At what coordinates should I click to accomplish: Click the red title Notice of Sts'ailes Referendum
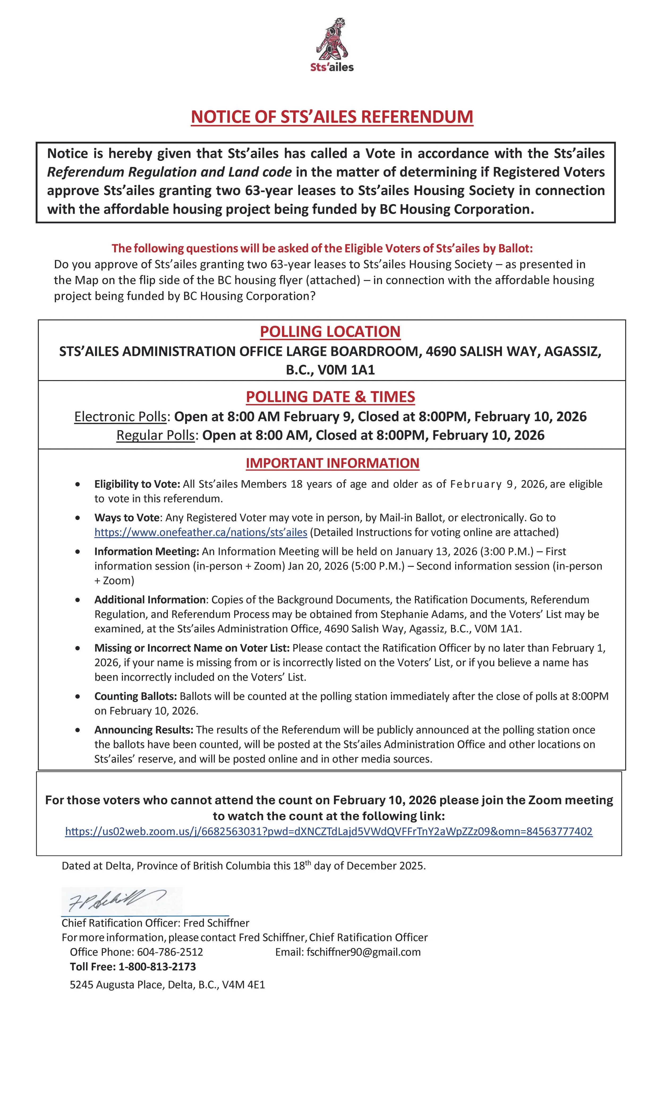(332, 117)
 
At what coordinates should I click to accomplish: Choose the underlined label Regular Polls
(155, 435)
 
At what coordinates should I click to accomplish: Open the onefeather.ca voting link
(201, 532)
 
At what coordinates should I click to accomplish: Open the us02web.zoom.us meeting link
(329, 831)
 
